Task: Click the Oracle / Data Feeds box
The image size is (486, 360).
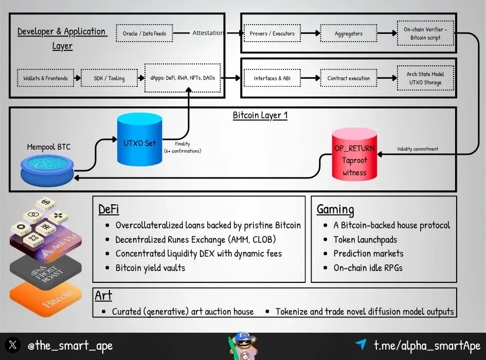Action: click(x=145, y=33)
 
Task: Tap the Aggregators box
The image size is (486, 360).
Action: click(x=348, y=33)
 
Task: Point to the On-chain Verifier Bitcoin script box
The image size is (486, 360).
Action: click(x=425, y=33)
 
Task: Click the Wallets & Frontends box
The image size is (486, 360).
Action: click(x=45, y=78)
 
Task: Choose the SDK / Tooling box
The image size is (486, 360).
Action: click(x=109, y=78)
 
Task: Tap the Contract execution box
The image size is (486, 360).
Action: click(x=348, y=78)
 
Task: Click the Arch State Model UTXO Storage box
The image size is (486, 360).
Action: click(x=425, y=78)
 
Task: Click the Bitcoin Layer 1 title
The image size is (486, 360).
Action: click(x=260, y=115)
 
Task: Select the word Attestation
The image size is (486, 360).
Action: click(x=208, y=33)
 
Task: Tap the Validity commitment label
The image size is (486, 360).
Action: click(x=418, y=149)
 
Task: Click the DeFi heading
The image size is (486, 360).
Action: click(x=109, y=209)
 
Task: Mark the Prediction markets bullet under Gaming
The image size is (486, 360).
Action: click(x=368, y=254)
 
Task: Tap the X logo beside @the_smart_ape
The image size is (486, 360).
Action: click(x=13, y=345)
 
